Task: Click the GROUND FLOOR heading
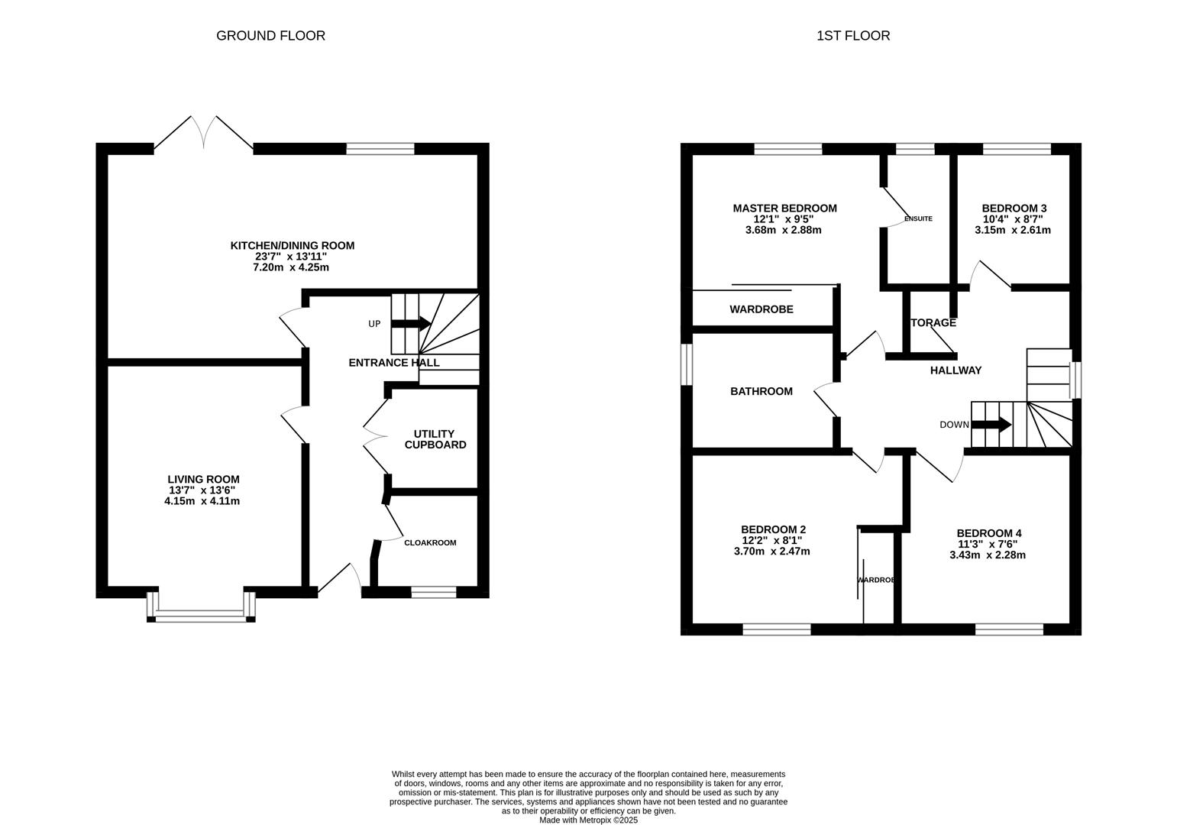click(270, 36)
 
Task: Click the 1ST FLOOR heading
click(853, 36)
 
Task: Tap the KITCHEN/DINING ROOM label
click(292, 246)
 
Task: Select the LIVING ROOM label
click(203, 480)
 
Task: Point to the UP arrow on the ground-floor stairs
click(411, 324)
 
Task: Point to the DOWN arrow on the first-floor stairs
click(991, 425)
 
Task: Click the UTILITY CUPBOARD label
click(435, 439)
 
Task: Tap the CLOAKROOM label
click(430, 543)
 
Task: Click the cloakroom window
click(434, 592)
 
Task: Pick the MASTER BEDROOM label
click(784, 209)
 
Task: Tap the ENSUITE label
click(918, 219)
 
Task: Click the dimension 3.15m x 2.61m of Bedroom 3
click(1013, 230)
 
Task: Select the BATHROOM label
click(761, 392)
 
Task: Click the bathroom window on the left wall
click(687, 365)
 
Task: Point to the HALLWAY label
click(956, 370)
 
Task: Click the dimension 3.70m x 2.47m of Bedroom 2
click(771, 552)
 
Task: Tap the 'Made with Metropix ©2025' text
click(588, 820)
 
